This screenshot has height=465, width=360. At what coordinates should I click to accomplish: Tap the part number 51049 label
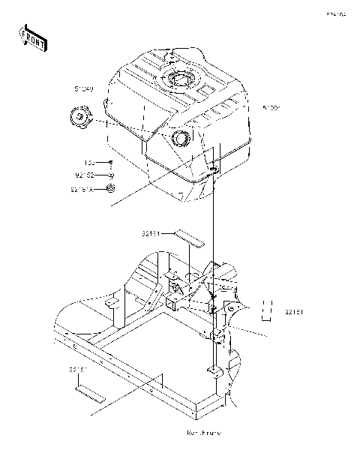[x=84, y=90]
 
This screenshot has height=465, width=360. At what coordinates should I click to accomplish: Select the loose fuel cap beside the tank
[x=79, y=118]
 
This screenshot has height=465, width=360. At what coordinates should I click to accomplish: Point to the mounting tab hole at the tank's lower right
[x=213, y=171]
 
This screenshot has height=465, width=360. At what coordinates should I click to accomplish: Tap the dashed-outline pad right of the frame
[x=266, y=308]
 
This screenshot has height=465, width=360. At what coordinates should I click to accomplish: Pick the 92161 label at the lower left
[x=78, y=370]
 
